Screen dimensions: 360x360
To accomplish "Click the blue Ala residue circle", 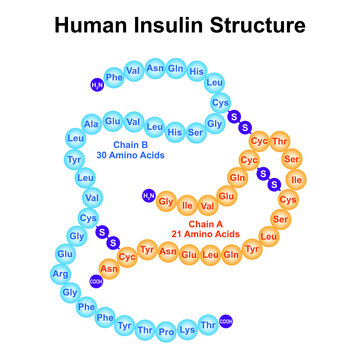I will click(90, 123).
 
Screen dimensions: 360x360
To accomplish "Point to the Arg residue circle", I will click(62, 273).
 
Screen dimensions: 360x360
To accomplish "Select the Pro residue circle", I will click(168, 326).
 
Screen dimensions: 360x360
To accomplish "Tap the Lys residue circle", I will click(188, 326).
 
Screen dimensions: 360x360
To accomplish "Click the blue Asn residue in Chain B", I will click(155, 67).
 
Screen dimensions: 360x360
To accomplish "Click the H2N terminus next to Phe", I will click(97, 84).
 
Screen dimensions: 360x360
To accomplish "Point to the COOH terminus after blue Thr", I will click(227, 320).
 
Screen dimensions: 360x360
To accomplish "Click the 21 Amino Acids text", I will click(205, 233).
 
